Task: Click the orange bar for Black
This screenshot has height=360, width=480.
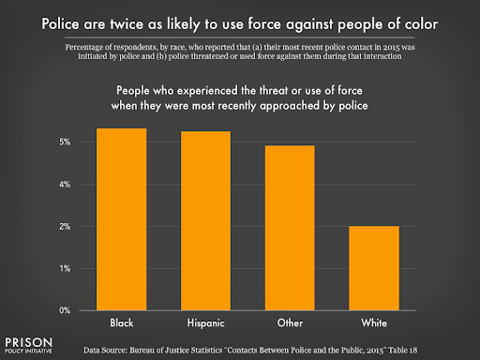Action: (x=121, y=219)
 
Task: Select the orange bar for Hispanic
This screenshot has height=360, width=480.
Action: (x=205, y=220)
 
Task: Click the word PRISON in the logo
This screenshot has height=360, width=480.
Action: (x=28, y=337)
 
